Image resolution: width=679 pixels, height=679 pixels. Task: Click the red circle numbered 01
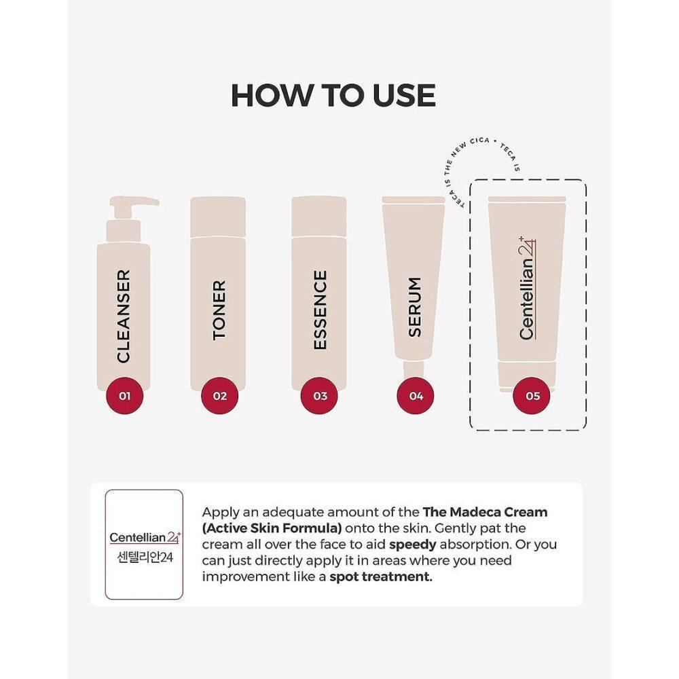click(x=125, y=396)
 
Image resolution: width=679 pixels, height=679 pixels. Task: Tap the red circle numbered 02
click(x=220, y=396)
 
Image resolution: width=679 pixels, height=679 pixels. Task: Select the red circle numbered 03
click(x=320, y=396)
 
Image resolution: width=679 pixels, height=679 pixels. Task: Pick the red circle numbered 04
click(x=416, y=396)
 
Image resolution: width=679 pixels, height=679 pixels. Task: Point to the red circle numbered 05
click(x=532, y=396)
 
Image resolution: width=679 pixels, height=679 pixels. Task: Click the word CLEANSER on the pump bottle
click(x=124, y=316)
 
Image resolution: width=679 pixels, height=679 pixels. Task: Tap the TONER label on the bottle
click(x=219, y=310)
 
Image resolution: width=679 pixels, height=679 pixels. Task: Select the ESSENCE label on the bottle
click(x=320, y=310)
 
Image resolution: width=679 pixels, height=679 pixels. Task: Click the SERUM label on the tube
click(x=414, y=307)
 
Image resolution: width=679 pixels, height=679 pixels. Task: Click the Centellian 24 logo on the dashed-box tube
click(x=527, y=288)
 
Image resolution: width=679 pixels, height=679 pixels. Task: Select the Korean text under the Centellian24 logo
click(x=145, y=557)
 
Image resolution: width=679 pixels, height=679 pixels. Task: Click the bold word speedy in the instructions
click(x=412, y=545)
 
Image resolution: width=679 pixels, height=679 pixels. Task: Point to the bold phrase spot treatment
click(x=381, y=576)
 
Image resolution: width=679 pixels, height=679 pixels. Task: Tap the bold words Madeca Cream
click(x=498, y=512)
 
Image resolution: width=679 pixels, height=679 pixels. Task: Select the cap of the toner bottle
click(x=218, y=216)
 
